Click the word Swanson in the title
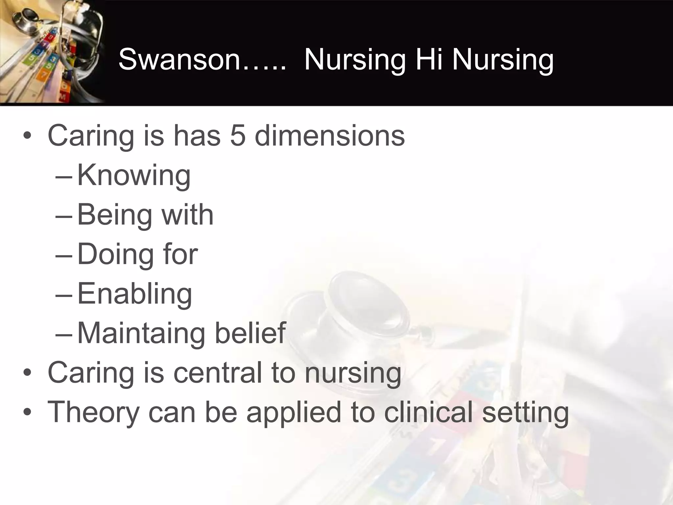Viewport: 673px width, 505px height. pyautogui.click(x=179, y=59)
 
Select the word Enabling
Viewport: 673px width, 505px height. pyautogui.click(x=134, y=294)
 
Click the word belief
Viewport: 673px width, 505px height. pyautogui.click(x=250, y=333)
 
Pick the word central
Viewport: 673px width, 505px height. pyautogui.click(x=218, y=373)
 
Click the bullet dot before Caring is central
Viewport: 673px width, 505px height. pyautogui.click(x=28, y=373)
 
